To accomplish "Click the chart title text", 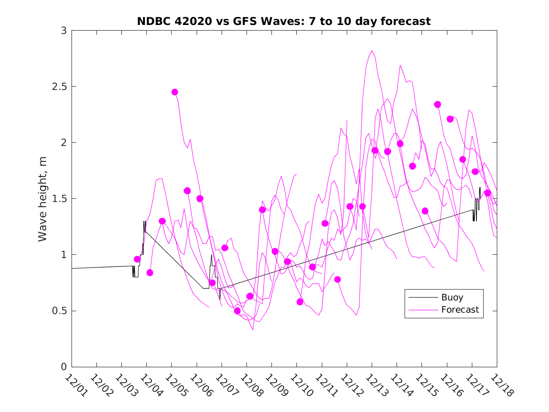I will tap(284, 21).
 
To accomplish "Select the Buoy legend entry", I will tap(452, 298).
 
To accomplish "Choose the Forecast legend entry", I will tap(460, 310).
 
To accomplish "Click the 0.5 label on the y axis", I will tap(60, 311).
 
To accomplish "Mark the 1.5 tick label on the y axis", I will tap(60, 199).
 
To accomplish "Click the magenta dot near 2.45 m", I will tap(175, 92).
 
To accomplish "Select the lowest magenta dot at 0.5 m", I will tap(237, 311).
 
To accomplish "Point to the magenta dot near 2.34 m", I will tap(438, 105).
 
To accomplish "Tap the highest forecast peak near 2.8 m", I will tap(372, 51).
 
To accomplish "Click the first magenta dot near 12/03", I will tap(137, 259).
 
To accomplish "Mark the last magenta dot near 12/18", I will tap(487, 193).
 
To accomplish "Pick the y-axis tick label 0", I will tap(64, 367).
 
